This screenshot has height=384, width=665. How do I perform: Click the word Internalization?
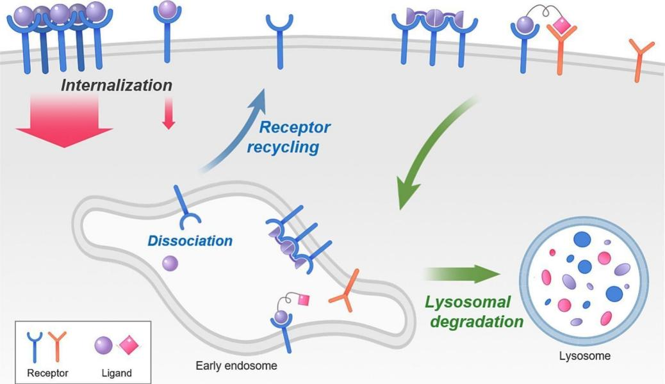click(x=117, y=84)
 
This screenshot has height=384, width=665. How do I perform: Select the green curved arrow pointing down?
click(x=436, y=154)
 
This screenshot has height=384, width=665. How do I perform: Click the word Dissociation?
click(x=190, y=241)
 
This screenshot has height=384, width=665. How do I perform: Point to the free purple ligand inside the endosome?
click(x=170, y=262)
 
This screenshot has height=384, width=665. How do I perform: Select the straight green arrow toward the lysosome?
click(x=461, y=274)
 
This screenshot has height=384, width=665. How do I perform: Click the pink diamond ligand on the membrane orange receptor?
click(x=561, y=26)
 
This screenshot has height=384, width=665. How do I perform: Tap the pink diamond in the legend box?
click(x=129, y=345)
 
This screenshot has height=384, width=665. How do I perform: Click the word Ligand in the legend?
click(x=117, y=372)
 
